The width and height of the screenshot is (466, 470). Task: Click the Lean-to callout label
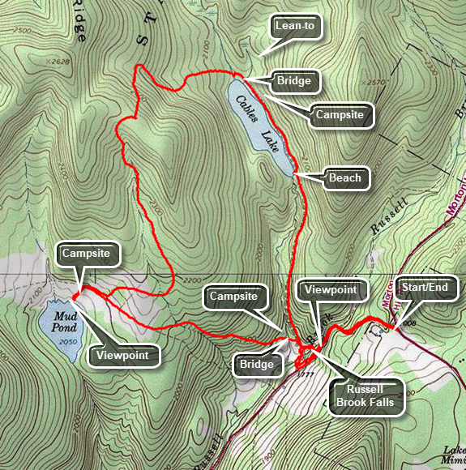(x=295, y=27)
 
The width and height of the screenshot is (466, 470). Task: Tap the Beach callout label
(x=345, y=177)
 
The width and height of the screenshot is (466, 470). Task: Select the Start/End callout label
(x=428, y=287)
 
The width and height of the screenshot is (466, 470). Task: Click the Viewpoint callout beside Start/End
(x=331, y=288)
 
